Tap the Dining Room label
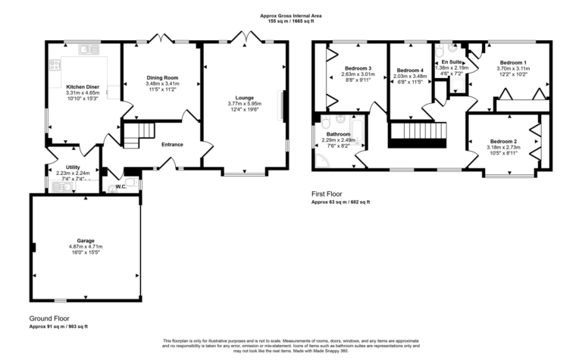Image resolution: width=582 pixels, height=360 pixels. click(161, 78)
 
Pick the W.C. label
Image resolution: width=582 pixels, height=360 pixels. click(121, 187)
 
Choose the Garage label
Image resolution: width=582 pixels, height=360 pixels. click(85, 240)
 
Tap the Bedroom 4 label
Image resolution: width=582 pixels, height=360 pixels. click(410, 69)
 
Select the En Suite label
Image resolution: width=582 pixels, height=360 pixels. click(452, 62)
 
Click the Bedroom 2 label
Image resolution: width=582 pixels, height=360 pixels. click(503, 142)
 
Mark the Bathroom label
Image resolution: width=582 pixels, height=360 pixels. click(338, 134)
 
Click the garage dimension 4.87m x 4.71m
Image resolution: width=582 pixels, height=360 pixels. click(85, 246)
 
